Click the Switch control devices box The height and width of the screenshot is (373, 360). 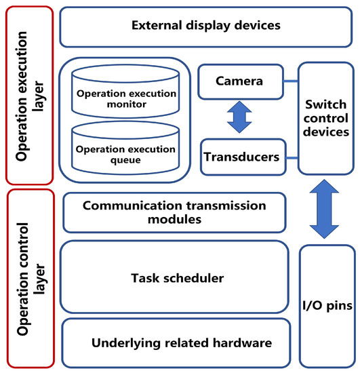coord(327,119)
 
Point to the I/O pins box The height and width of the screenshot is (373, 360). coord(327,307)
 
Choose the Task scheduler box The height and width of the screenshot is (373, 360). coord(176,278)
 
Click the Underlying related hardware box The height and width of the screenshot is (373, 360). coord(176,343)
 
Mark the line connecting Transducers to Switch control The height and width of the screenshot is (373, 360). coord(289,157)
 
